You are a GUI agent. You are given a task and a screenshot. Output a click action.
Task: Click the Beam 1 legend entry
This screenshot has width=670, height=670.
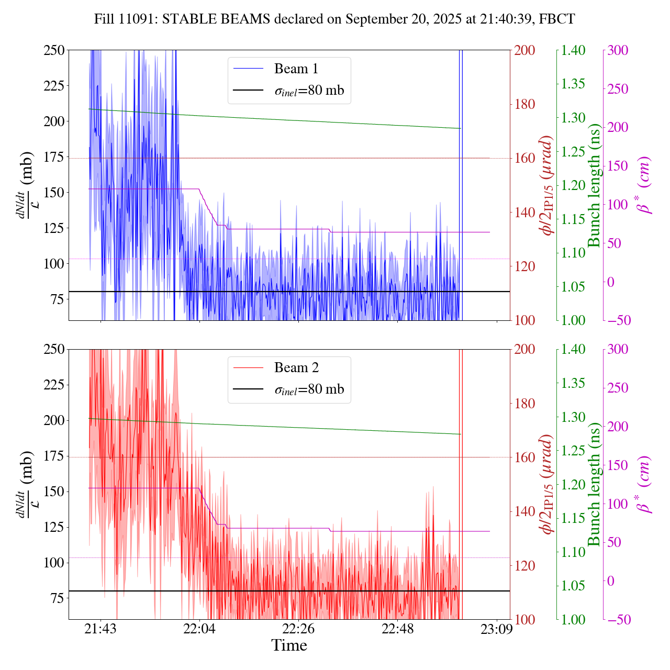point(296,69)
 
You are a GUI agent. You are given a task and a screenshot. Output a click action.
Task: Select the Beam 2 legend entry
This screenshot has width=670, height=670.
point(296,367)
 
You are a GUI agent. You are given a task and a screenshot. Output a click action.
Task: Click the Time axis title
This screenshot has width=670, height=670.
point(289,645)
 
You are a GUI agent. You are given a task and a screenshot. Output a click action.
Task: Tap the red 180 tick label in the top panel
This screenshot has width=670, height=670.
point(525,104)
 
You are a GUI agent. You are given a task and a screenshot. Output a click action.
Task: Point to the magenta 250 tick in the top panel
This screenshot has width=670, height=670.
point(618,88)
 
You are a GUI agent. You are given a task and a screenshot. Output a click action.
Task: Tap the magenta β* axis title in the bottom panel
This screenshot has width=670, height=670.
point(643,484)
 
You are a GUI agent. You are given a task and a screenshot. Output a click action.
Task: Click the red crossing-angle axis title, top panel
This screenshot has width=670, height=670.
point(547,185)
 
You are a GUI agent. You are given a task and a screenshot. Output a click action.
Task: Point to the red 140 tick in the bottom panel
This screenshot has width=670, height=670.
point(525,511)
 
